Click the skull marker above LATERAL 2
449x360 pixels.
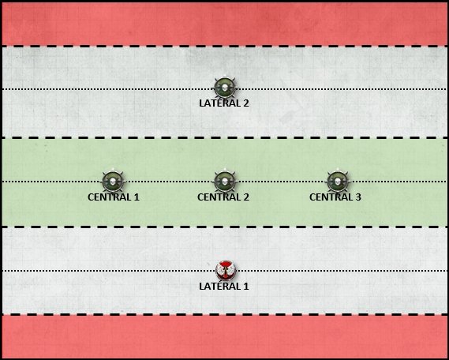pyautogui.click(x=225, y=88)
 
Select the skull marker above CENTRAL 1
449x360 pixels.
pyautogui.click(x=113, y=182)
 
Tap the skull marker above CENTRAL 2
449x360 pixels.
pyautogui.click(x=225, y=182)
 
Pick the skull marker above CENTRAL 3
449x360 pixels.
pyautogui.click(x=338, y=182)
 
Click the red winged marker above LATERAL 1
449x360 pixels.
pyautogui.click(x=226, y=270)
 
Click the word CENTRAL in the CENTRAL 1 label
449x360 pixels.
pyautogui.click(x=109, y=197)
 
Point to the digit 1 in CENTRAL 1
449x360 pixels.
pyautogui.click(x=137, y=197)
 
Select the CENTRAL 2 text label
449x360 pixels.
pyautogui.click(x=223, y=197)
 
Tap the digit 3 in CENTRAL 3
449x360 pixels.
pyautogui.click(x=358, y=197)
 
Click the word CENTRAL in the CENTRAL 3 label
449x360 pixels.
pyautogui.click(x=331, y=197)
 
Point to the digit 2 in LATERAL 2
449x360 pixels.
pyautogui.click(x=245, y=103)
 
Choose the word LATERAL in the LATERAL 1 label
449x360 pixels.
pyautogui.click(x=219, y=286)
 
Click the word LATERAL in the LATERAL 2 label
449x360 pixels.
pyautogui.click(x=219, y=103)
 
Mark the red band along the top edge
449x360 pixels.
pyautogui.click(x=224, y=24)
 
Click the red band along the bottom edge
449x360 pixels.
pyautogui.click(x=224, y=336)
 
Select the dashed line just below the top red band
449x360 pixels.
pyautogui.click(x=224, y=46)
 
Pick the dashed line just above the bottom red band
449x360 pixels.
pyautogui.click(x=224, y=314)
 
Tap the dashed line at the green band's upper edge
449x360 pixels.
pyautogui.click(x=224, y=137)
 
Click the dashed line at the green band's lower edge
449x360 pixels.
pyautogui.click(x=224, y=227)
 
